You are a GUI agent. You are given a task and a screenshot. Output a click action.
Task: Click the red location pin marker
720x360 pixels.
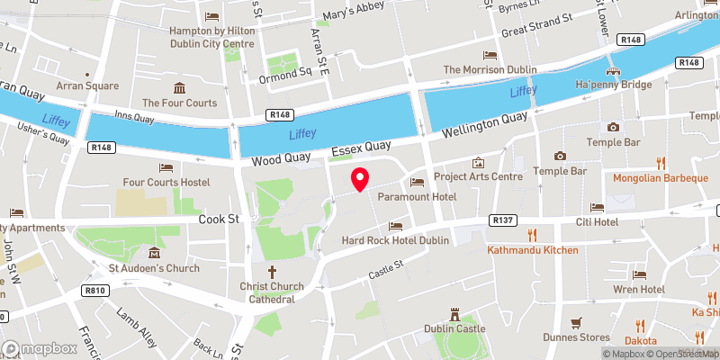tap(360, 179)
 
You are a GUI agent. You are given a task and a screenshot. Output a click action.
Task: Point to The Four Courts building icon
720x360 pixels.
tap(179, 87)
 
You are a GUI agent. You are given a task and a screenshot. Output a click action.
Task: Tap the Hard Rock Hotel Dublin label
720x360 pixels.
tap(395, 240)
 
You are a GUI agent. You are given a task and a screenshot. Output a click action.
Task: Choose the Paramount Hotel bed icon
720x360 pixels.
tap(417, 182)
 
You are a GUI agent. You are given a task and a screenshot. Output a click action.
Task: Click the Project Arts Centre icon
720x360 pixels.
tap(478, 163)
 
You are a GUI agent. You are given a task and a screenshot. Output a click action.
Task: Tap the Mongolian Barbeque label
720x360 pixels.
tap(661, 177)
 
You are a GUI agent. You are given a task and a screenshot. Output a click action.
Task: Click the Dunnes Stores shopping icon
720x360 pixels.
tap(577, 322)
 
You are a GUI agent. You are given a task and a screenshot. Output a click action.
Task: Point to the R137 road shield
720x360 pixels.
tap(501, 220)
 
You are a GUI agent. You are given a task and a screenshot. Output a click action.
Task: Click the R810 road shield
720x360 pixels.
tap(95, 290)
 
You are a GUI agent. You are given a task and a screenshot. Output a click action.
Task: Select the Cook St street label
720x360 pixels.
tap(219, 218)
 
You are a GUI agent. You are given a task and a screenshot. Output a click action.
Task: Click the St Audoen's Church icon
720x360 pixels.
tap(153, 253)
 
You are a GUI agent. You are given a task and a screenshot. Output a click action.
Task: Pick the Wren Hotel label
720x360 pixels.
tap(640, 289)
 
